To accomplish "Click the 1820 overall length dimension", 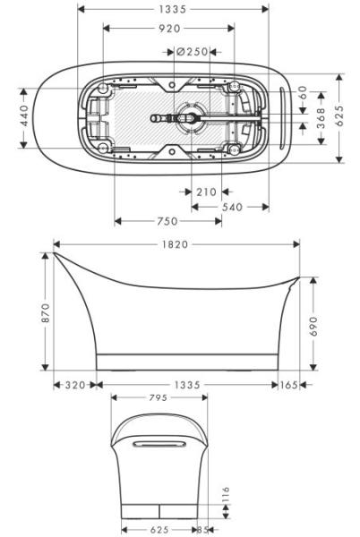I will click(176, 244).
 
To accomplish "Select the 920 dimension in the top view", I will click(168, 29).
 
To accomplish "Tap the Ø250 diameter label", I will click(193, 52).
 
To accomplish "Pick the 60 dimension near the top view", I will click(303, 93).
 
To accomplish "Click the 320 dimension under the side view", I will click(76, 385).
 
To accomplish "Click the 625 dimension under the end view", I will click(159, 529).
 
